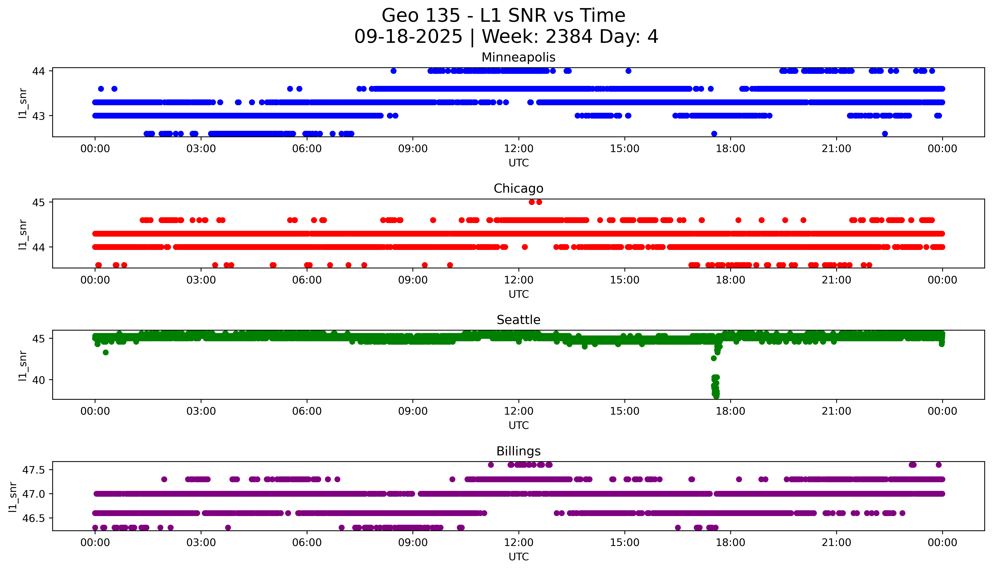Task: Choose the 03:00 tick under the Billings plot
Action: click(201, 543)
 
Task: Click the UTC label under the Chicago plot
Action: click(518, 294)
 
